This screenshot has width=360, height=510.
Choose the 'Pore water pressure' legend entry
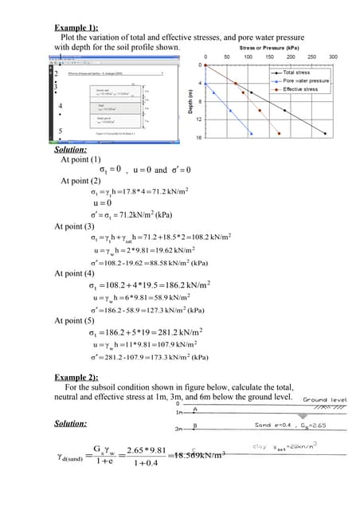[306, 80]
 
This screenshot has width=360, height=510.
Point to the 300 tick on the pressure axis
[333, 57]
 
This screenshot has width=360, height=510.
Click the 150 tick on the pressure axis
[269, 57]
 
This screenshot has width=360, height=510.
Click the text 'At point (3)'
[80, 227]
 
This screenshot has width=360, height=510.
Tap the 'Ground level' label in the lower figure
[324, 399]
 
